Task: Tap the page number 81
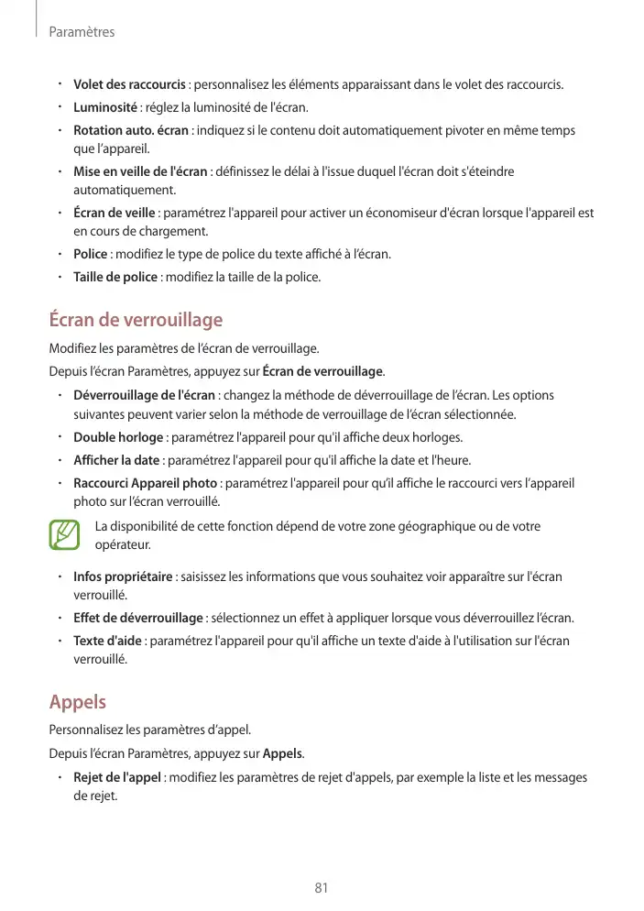click(x=322, y=888)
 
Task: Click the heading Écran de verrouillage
click(x=136, y=321)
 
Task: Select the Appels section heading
click(x=77, y=702)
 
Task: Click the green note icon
click(x=65, y=535)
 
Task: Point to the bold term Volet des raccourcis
click(x=129, y=85)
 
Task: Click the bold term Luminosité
click(x=104, y=108)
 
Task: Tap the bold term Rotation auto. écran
click(x=131, y=130)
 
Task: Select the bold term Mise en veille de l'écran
click(x=140, y=171)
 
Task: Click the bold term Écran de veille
click(x=114, y=213)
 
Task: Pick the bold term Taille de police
click(x=115, y=276)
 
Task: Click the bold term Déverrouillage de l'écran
click(x=144, y=395)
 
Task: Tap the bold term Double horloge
click(x=118, y=436)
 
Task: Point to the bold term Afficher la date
click(x=117, y=459)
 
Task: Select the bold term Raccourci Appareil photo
click(x=145, y=482)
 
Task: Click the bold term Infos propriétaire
click(x=123, y=576)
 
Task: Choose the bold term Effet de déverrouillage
click(x=138, y=617)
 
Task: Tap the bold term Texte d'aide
click(x=107, y=640)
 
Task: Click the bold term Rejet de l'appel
click(x=118, y=777)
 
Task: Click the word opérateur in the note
click(x=122, y=544)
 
